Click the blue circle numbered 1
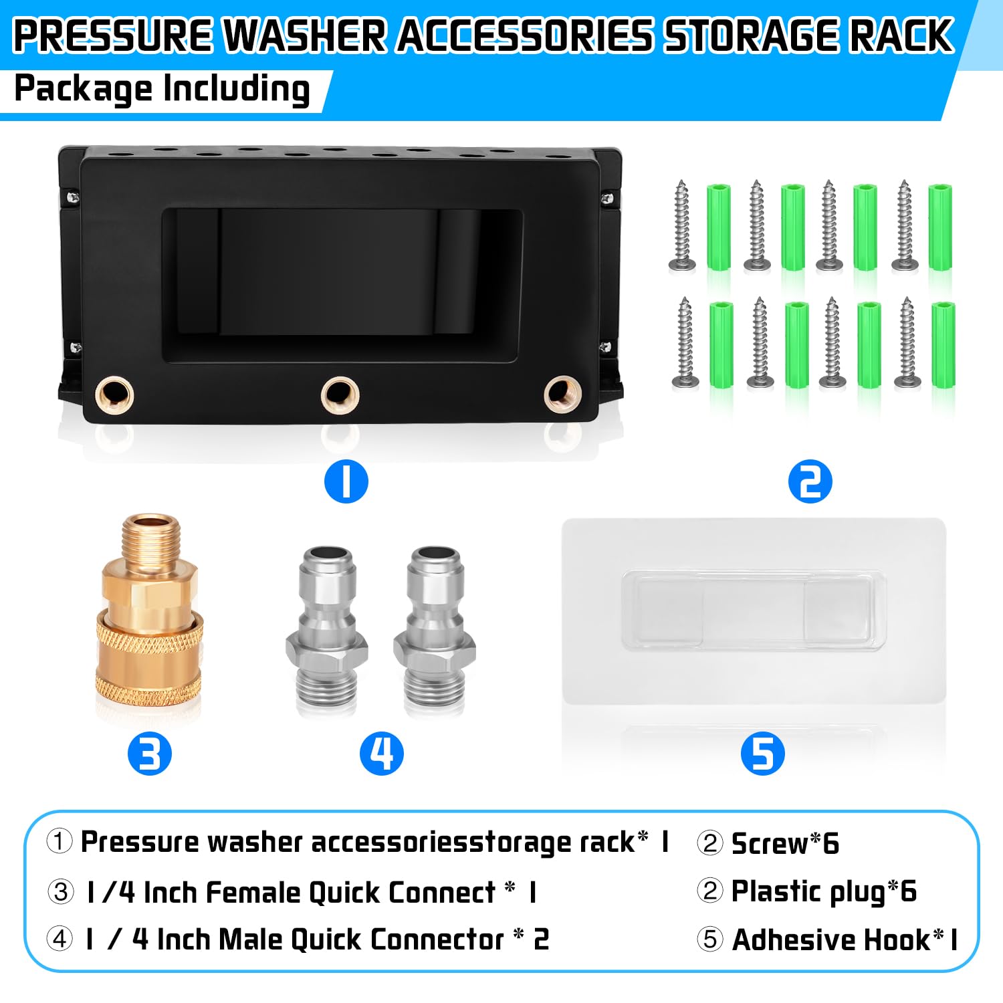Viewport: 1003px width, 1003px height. (346, 481)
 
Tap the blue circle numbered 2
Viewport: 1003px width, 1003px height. (810, 481)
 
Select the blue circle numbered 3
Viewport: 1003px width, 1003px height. (149, 754)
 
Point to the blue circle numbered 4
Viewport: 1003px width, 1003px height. (382, 754)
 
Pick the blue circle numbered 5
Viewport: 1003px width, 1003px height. (762, 754)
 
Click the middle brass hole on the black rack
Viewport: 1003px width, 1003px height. (340, 395)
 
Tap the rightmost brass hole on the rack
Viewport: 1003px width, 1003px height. (562, 395)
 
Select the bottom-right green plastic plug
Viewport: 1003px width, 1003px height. (943, 344)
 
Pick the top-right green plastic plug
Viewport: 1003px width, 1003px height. (939, 227)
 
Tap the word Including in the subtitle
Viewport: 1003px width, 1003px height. (236, 90)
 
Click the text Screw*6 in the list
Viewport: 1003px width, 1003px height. (785, 843)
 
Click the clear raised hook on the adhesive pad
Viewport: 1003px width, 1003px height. (754, 610)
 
